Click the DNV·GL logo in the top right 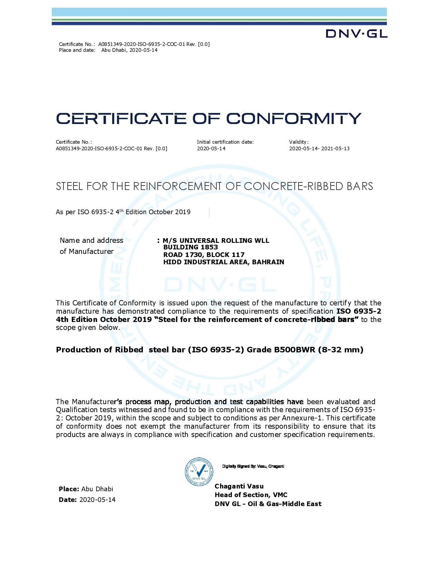click(356, 33)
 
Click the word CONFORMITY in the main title click(294, 118)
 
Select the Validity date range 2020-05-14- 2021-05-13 click(319, 149)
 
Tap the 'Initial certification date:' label click(225, 142)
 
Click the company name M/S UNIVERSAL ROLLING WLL click(216, 240)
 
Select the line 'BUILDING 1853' click(190, 247)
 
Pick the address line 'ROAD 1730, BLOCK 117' click(204, 255)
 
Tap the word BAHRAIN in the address click(268, 262)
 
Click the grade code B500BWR click(295, 350)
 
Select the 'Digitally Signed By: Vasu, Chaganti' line click(253, 466)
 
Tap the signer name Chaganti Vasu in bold click(239, 486)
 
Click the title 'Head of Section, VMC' click(251, 495)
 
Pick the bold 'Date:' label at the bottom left click(68, 500)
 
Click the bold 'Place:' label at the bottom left click(69, 489)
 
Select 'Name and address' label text click(91, 240)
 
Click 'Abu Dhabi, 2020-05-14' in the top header click(129, 50)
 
